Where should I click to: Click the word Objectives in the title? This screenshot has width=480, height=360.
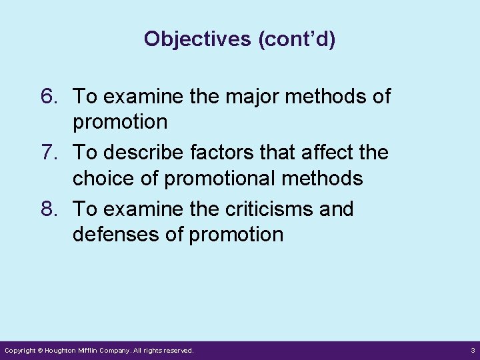(x=198, y=39)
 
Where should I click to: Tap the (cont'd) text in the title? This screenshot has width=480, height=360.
(x=297, y=39)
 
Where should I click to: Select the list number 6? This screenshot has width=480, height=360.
(x=51, y=97)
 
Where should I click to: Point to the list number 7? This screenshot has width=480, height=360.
(x=51, y=153)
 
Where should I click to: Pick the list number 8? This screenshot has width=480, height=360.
(x=51, y=209)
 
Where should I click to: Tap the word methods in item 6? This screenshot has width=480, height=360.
(x=329, y=97)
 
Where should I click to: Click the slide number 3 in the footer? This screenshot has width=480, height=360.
(x=471, y=350)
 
